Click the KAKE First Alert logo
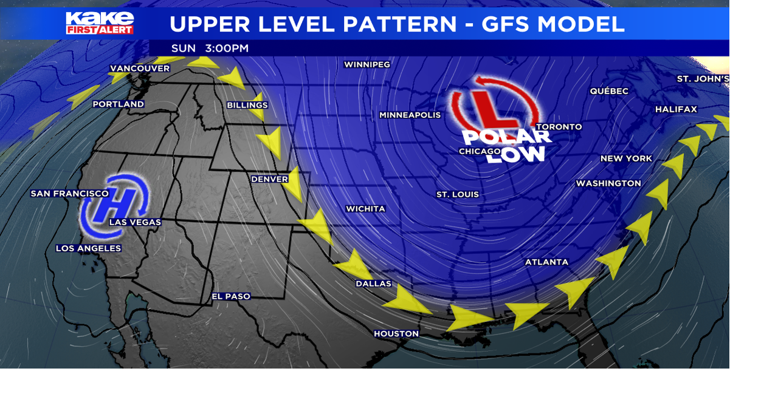click(x=100, y=23)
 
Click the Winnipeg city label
click(x=367, y=64)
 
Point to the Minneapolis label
click(x=410, y=115)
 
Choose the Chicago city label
click(x=480, y=151)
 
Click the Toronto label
click(x=559, y=127)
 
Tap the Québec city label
click(x=609, y=91)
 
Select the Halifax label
click(x=676, y=109)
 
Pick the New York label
click(x=626, y=158)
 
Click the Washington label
click(x=608, y=183)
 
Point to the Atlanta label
click(x=546, y=262)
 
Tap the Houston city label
click(x=396, y=333)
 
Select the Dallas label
click(x=373, y=284)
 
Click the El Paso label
click(x=230, y=296)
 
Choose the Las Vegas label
click(x=135, y=222)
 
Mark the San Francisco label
click(x=70, y=194)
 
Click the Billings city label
click(x=247, y=105)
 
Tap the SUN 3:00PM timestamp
click(x=210, y=48)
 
